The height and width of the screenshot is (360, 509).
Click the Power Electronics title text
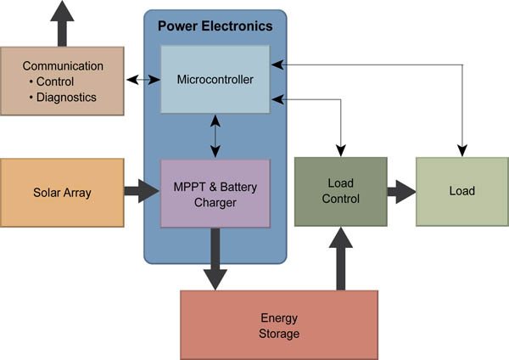coord(215,25)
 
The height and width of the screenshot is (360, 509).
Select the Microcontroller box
coord(215,80)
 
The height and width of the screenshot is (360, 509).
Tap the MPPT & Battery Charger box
coord(215,193)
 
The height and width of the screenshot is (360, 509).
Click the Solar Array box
coord(63,193)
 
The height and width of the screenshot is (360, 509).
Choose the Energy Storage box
coord(279,325)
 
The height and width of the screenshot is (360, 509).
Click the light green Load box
coord(461,191)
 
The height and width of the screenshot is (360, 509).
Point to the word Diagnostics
coord(65,97)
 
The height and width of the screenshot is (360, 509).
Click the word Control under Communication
coord(54,82)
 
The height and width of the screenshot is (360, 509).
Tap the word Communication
coord(63,65)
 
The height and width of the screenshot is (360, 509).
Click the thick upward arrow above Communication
coord(63,24)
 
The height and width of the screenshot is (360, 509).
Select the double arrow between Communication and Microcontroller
coord(143,80)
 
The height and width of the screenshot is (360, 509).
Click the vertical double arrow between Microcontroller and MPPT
coord(215,137)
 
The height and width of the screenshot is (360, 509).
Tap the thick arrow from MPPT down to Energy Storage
coord(215,259)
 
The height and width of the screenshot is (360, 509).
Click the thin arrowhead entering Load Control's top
coord(341,150)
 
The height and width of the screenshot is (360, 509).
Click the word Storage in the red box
coord(279,334)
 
